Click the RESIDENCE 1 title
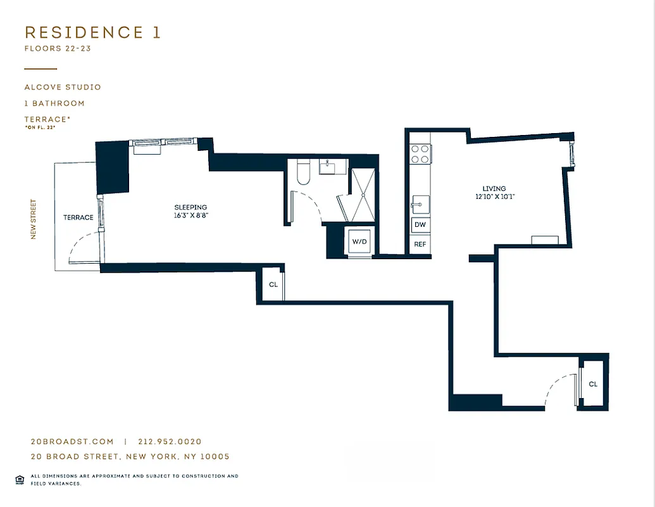click(x=92, y=33)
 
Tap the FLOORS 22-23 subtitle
click(x=58, y=49)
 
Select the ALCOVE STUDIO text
click(x=63, y=87)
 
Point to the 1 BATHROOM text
click(x=54, y=103)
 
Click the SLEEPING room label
click(x=190, y=207)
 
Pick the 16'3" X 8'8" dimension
click(x=190, y=215)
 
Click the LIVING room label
click(x=494, y=188)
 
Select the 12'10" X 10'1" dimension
click(x=494, y=196)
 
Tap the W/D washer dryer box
click(x=359, y=241)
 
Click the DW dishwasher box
click(x=420, y=225)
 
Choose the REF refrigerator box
click(x=420, y=244)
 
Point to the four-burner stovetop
click(x=420, y=154)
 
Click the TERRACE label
click(x=78, y=217)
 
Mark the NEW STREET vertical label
click(x=34, y=220)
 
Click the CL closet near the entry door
click(x=593, y=384)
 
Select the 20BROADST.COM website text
click(x=72, y=442)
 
